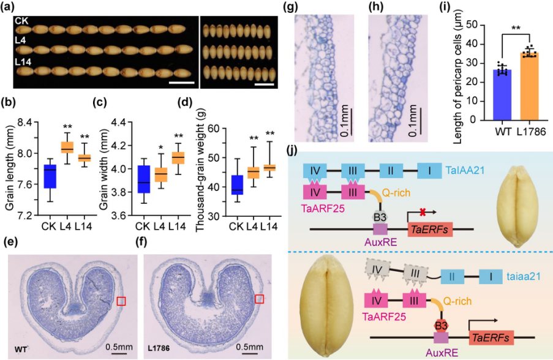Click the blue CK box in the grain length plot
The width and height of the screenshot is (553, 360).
pos(50,176)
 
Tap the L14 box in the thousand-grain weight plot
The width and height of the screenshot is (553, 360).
pos(270,168)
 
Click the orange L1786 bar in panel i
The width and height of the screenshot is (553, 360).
pos(529,86)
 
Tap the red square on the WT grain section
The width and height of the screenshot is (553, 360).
pos(121,301)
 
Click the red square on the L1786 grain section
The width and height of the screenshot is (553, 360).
pos(259,299)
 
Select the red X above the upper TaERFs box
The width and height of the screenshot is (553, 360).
pos(423,212)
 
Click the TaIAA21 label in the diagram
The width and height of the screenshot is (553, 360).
pos(465,171)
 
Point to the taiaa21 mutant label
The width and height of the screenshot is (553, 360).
pos(524,276)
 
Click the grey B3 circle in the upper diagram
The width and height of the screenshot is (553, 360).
pos(380,217)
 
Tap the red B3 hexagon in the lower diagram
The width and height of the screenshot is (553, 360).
pos(441,326)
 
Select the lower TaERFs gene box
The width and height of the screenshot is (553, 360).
pos(491,338)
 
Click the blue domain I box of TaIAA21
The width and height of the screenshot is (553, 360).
pos(429,171)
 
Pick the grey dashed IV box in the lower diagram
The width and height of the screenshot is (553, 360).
pos(377,271)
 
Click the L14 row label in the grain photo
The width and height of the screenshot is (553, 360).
pos(23,62)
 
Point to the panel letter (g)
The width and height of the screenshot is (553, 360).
pos(293,7)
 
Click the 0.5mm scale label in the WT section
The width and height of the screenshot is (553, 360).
pos(119,347)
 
